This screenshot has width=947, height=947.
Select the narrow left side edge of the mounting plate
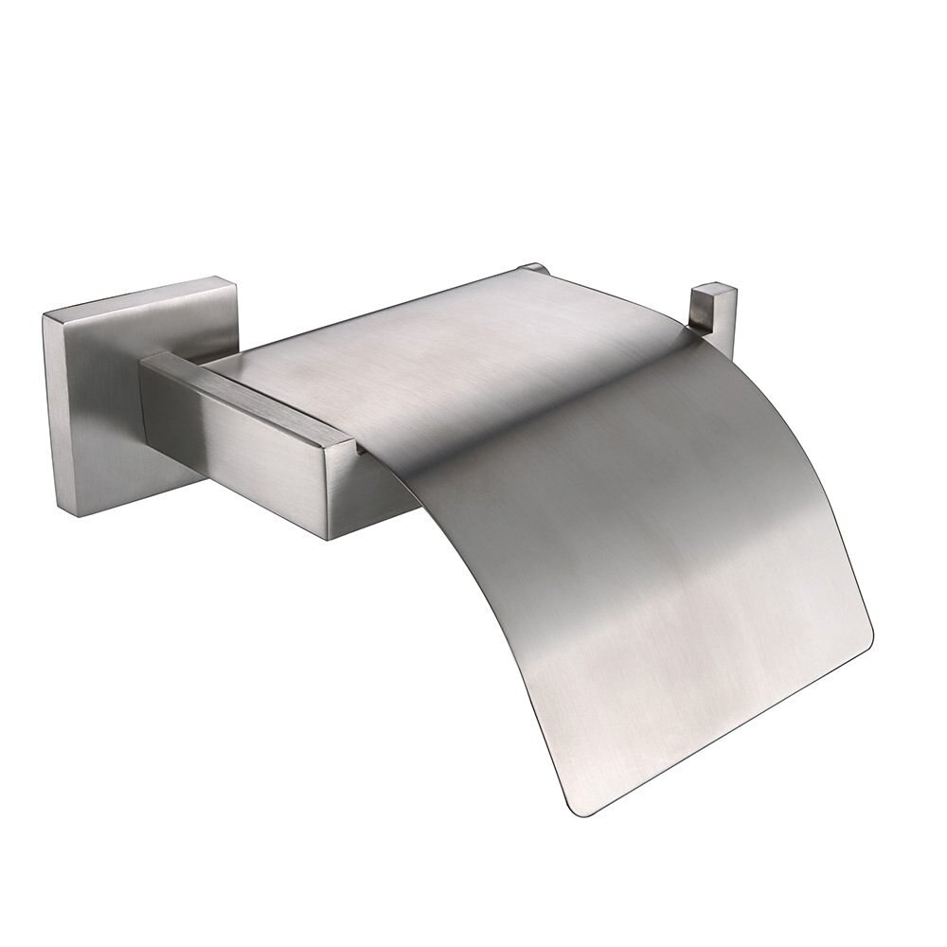(49, 402)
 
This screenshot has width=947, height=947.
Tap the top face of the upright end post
(713, 286)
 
